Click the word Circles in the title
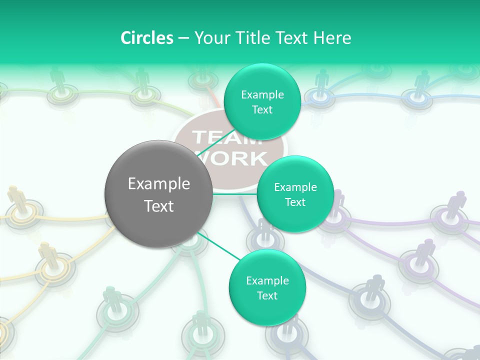tap(147, 38)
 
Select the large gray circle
tap(158, 194)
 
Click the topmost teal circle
tap(262, 101)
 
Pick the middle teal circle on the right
tap(295, 194)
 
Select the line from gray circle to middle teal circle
tap(234, 193)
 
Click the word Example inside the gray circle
tap(158, 184)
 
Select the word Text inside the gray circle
tap(158, 205)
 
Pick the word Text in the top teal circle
tap(262, 109)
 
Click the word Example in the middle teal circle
tap(295, 187)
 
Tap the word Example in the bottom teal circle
tap(267, 281)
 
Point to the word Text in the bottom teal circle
tap(267, 295)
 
